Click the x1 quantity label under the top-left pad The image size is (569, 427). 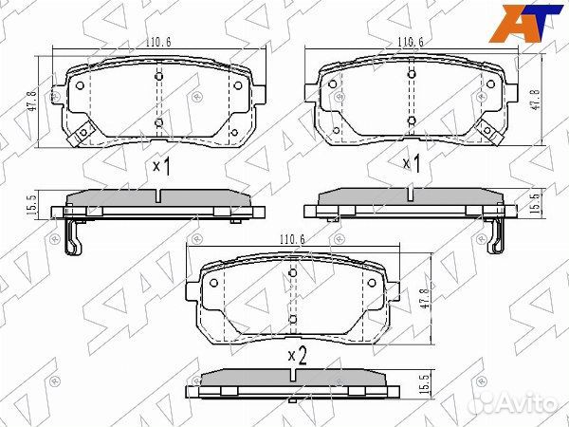[160, 167]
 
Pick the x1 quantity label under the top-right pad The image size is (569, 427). [411, 164]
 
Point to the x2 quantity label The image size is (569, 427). [297, 356]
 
